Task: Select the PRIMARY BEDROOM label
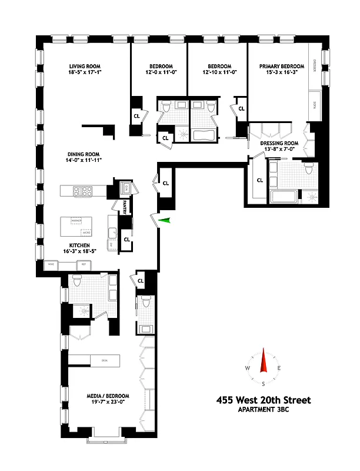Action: pyautogui.click(x=282, y=67)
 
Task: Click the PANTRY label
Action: pyautogui.click(x=125, y=206)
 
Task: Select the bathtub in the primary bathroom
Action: pyautogui.click(x=284, y=196)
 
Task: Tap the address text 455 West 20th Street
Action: pyautogui.click(x=264, y=400)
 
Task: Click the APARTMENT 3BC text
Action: pyautogui.click(x=264, y=410)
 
